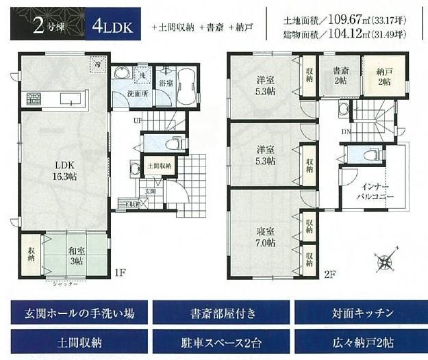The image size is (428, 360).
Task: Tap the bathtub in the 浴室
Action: pos(185,87)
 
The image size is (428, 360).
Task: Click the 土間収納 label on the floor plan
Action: pos(158,165)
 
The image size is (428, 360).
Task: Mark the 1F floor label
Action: pos(121,273)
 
